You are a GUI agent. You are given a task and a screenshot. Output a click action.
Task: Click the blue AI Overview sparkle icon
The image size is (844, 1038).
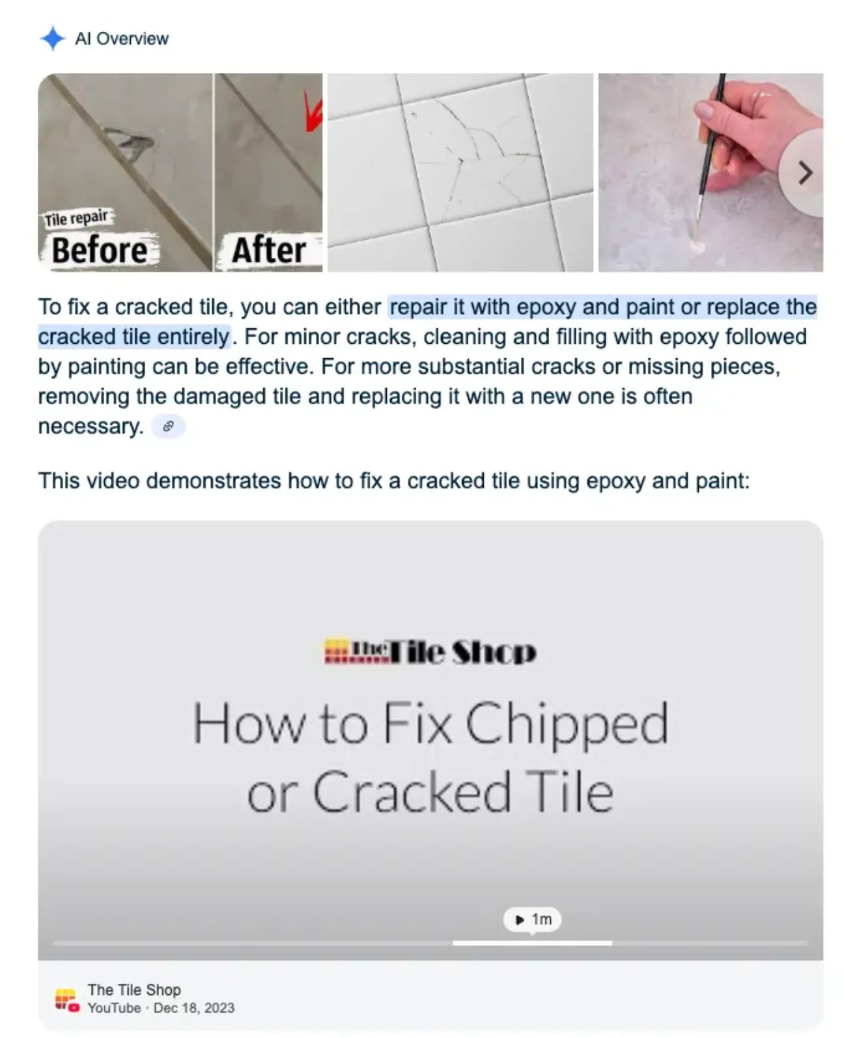point(53,38)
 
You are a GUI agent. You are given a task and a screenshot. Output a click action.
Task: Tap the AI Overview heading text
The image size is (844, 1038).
point(121,38)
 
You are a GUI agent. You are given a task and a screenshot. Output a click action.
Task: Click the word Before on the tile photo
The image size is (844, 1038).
point(100,250)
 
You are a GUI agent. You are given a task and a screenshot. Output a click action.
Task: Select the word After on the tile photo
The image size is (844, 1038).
point(268,250)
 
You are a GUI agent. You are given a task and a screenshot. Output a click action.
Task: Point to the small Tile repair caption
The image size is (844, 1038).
point(76,218)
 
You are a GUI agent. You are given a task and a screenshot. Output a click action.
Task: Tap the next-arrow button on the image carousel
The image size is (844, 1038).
point(804,173)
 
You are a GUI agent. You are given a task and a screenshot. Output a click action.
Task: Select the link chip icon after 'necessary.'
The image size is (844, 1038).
point(169,427)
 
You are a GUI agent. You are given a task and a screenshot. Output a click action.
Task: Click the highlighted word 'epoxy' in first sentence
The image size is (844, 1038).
point(546,307)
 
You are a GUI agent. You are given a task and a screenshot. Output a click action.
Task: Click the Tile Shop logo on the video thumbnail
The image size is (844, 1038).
point(430,652)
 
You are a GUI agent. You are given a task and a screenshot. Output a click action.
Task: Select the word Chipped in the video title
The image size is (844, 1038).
point(566,724)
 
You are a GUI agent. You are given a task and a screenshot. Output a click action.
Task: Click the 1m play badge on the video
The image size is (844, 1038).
point(532,919)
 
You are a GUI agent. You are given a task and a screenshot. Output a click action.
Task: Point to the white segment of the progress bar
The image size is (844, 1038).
point(532,943)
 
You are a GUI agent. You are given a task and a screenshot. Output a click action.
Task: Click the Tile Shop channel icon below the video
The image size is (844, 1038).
point(67,1000)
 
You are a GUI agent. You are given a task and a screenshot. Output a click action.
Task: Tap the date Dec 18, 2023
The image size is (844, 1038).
point(194,1008)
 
